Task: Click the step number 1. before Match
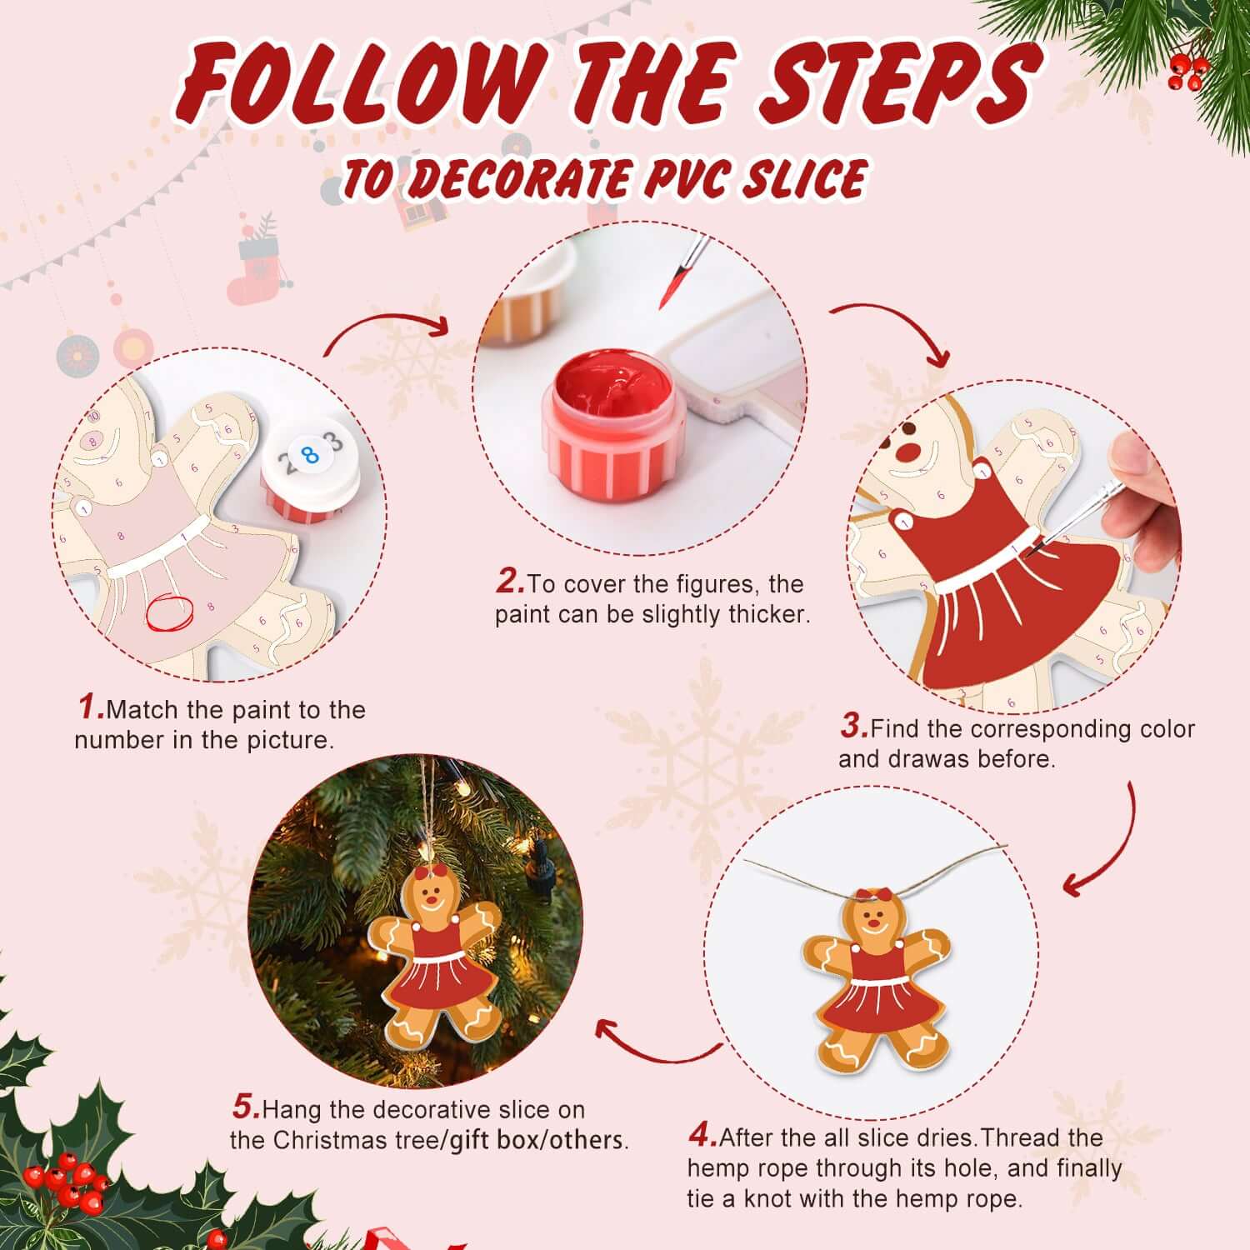[x=91, y=707]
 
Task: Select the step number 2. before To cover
[x=510, y=582]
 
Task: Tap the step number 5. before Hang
[x=246, y=1107]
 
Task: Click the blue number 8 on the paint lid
[x=311, y=455]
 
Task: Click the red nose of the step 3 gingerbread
[x=910, y=451]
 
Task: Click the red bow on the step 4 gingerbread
[x=873, y=895]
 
